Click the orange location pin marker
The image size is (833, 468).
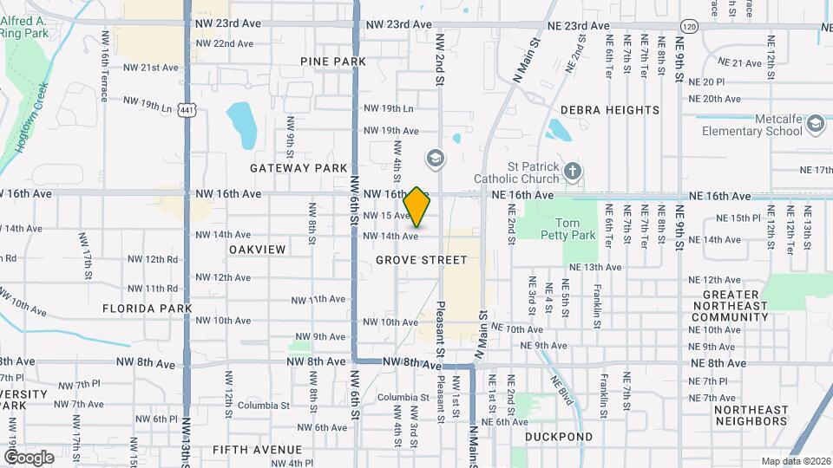click(x=416, y=207)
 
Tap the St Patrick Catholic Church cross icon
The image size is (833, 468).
click(x=571, y=171)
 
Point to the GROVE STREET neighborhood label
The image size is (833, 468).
click(x=422, y=260)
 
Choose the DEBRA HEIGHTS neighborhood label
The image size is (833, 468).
click(x=610, y=110)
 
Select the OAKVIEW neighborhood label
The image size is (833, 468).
click(x=257, y=250)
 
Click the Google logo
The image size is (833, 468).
click(x=29, y=457)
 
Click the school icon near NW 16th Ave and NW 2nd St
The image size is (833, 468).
click(x=435, y=159)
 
